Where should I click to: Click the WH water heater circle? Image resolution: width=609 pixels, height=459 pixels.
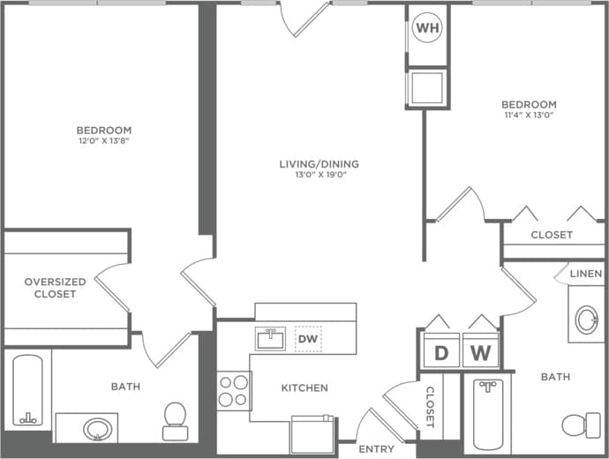click(427, 28)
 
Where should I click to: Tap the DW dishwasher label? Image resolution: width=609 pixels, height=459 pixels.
click(308, 339)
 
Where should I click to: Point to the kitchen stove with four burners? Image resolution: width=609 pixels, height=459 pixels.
click(234, 390)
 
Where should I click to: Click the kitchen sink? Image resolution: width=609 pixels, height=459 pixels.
click(270, 338)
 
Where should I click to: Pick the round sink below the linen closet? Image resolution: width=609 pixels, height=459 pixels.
click(586, 320)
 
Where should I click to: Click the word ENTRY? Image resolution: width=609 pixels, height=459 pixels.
click(377, 449)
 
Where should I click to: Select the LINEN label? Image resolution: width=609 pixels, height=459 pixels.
click(585, 275)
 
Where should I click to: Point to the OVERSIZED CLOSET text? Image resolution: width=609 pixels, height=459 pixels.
click(55, 288)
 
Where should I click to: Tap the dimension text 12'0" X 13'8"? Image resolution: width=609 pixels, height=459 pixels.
click(103, 140)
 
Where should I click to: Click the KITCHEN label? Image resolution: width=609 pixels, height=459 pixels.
click(304, 388)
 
